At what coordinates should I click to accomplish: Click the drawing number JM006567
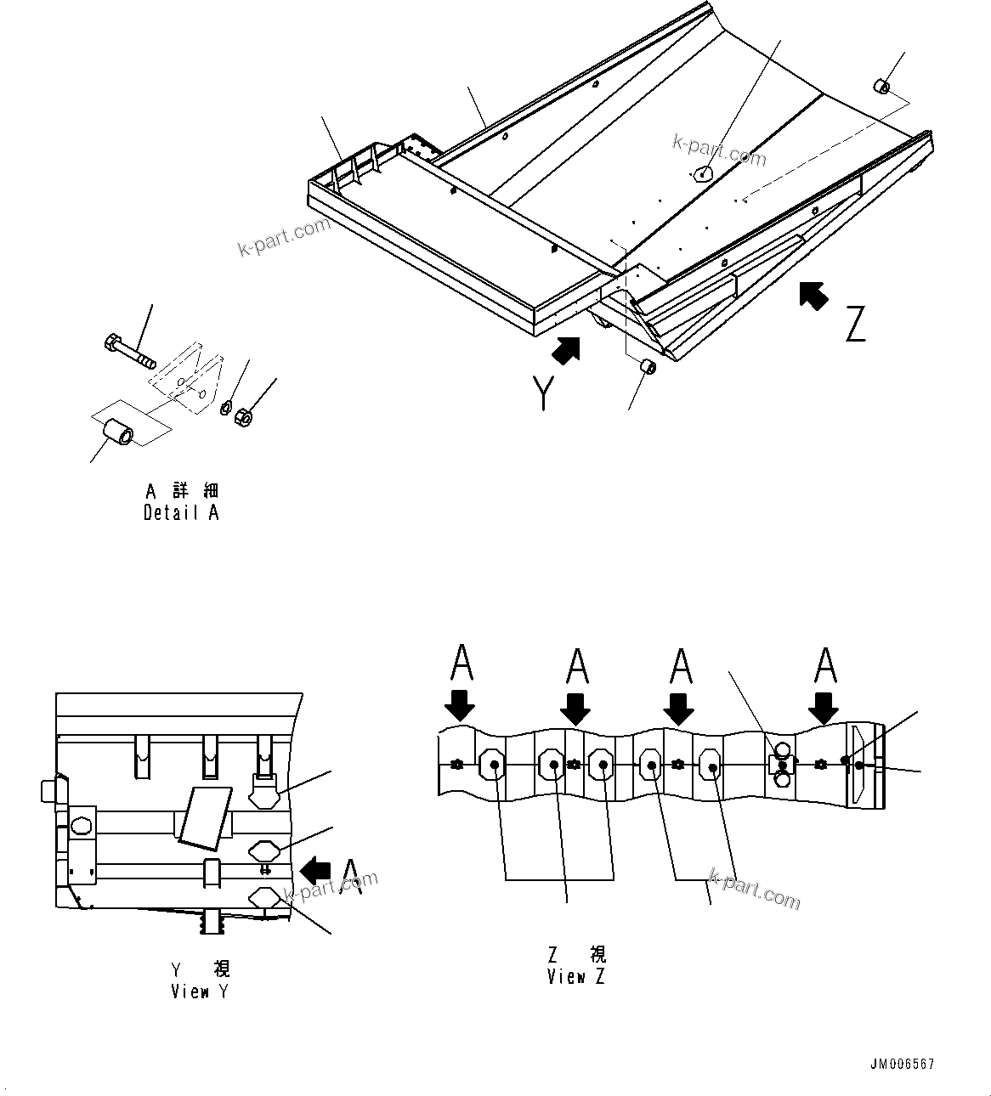902,1065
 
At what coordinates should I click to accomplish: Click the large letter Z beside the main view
854,324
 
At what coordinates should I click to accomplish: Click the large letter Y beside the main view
543,393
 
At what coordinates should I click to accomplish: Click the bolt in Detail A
129,352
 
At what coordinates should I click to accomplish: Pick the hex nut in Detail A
241,417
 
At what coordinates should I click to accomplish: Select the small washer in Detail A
226,409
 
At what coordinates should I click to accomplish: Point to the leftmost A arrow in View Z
460,705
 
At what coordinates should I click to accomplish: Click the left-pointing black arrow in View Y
316,869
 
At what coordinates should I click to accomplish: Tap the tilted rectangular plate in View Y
204,816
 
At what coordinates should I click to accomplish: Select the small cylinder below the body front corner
647,368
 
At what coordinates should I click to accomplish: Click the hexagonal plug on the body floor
702,173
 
